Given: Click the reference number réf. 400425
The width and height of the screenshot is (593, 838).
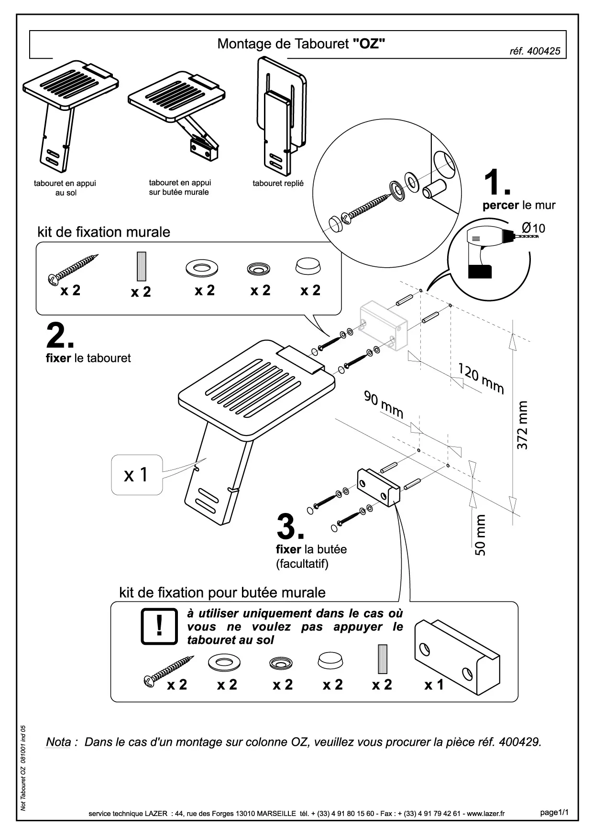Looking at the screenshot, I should [535, 51].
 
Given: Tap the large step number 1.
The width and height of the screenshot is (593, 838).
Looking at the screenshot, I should [496, 182].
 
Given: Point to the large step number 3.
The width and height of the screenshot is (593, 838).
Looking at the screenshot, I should [290, 527].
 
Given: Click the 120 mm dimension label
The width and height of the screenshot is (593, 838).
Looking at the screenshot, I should [481, 379].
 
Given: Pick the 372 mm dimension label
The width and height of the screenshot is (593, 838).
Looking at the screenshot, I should [522, 425].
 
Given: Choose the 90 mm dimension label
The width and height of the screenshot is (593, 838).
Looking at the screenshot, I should [384, 404].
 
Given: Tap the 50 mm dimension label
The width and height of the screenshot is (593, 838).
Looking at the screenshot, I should [480, 535].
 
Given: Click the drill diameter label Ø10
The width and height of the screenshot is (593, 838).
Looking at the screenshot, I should [533, 228].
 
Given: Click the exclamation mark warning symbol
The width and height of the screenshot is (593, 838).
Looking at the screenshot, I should [159, 626].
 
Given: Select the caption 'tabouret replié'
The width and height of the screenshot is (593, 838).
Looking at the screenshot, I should [278, 183].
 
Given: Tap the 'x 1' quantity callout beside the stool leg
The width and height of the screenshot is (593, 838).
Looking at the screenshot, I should [136, 475].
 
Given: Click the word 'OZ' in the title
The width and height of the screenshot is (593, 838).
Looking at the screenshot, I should [369, 44].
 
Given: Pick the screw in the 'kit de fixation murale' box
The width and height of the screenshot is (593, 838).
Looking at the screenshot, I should [74, 269].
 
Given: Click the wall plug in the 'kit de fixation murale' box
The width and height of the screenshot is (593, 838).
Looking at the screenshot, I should [141, 266].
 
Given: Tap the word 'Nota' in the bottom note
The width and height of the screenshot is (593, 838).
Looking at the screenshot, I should [58, 742].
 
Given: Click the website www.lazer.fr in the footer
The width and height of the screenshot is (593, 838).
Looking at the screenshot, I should [486, 814].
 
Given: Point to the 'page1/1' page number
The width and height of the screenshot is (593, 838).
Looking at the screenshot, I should [554, 812].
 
